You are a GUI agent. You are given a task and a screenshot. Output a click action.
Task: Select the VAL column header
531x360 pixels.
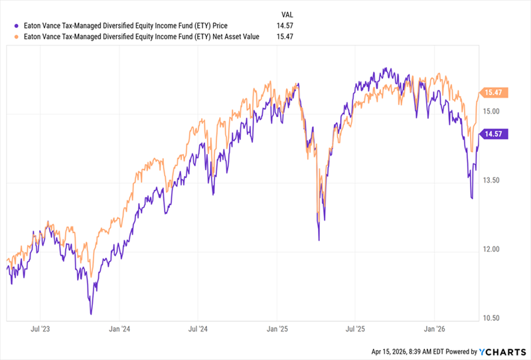point(286,13)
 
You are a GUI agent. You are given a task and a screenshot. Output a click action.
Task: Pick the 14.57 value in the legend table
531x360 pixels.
point(285,25)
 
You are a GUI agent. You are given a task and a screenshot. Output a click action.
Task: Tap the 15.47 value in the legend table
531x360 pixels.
point(285,37)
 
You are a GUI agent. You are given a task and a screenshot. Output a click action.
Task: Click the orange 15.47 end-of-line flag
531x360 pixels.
point(494,93)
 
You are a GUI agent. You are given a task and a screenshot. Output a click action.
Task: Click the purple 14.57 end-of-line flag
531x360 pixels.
point(494,134)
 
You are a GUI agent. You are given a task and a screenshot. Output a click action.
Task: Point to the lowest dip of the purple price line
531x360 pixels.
point(90,314)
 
